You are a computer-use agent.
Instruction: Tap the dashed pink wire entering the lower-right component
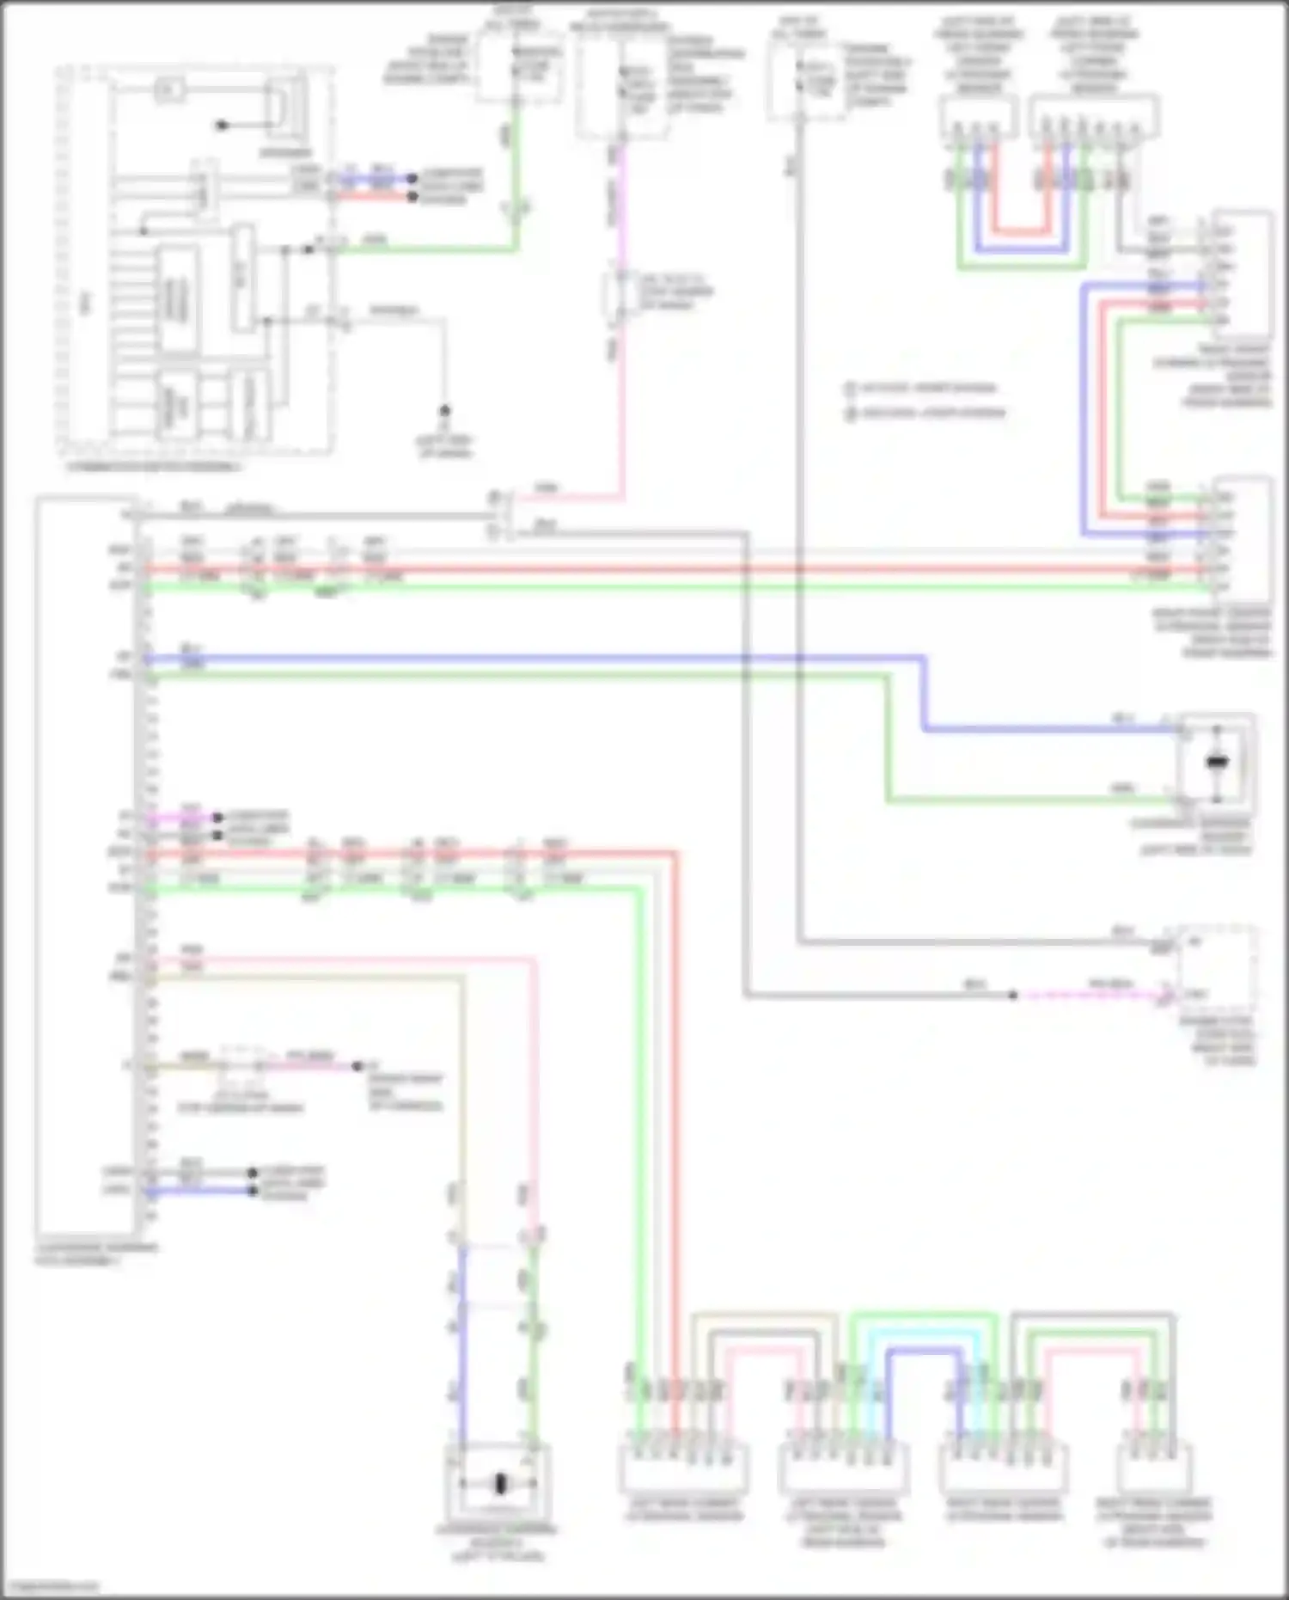(x=1091, y=996)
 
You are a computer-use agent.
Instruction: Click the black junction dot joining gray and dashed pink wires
(x=1013, y=996)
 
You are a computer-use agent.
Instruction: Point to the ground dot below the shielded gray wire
(x=445, y=411)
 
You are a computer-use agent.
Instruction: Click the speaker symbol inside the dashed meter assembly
(x=285, y=107)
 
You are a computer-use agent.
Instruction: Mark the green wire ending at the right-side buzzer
(x=1031, y=800)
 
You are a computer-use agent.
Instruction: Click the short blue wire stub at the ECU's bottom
(x=198, y=1192)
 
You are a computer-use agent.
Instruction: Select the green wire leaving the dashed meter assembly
(x=430, y=250)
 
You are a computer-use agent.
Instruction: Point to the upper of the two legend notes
(x=924, y=389)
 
